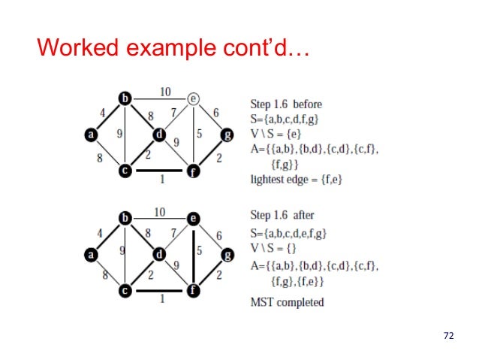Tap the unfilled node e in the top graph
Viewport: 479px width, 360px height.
[x=194, y=98]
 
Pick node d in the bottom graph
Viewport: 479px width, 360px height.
[x=159, y=255]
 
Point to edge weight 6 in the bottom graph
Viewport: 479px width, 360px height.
[x=218, y=234]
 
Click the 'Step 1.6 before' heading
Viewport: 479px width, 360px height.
[x=285, y=103]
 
